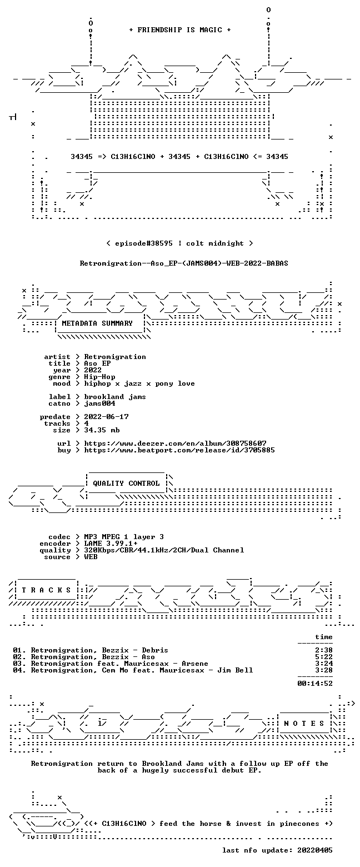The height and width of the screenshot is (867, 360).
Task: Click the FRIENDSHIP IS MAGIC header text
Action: (x=180, y=30)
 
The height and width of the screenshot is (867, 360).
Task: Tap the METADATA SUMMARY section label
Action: (x=97, y=323)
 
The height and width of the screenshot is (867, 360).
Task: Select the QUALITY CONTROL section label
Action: (x=126, y=484)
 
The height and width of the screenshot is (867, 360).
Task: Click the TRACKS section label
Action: (x=47, y=590)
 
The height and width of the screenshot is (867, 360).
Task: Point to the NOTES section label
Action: (x=304, y=724)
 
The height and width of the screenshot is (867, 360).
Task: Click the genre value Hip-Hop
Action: (x=100, y=377)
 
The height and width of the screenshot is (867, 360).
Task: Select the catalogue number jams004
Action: (x=100, y=403)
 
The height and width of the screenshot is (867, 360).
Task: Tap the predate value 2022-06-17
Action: (x=107, y=417)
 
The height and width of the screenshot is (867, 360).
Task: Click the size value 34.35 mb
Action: (x=102, y=430)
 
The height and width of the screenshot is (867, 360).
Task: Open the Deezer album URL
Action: (x=176, y=444)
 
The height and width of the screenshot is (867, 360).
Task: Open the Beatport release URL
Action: (x=179, y=450)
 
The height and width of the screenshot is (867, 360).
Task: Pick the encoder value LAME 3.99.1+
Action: (x=111, y=544)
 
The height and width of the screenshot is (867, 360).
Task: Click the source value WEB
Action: (x=91, y=557)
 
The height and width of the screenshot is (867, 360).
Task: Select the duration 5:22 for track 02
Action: (x=324, y=657)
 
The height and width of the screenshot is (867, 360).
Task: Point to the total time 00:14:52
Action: (x=315, y=684)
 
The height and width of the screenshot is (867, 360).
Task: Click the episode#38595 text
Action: (x=144, y=243)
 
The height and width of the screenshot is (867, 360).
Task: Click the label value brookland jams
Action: (x=116, y=397)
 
